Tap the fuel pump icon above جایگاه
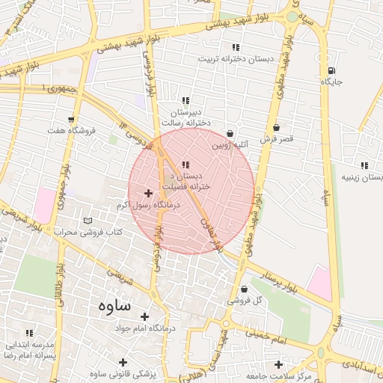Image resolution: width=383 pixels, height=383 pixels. click(x=330, y=71)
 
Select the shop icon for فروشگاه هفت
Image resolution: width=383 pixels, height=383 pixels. click(x=71, y=119)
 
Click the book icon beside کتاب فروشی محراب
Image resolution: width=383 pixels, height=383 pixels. click(x=89, y=221)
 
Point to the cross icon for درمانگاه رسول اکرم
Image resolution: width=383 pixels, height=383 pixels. click(x=148, y=193)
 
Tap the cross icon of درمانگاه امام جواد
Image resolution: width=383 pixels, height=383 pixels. click(x=144, y=316)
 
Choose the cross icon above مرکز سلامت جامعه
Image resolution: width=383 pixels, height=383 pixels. click(x=279, y=364)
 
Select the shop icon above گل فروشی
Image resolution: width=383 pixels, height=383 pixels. click(x=244, y=289)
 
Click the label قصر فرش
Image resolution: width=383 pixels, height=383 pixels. click(x=277, y=139)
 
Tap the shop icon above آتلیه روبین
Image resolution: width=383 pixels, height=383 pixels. click(x=229, y=133)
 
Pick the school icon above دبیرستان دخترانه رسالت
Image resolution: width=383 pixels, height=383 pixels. click(x=186, y=100)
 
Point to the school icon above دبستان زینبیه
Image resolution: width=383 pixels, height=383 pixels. click(x=364, y=165)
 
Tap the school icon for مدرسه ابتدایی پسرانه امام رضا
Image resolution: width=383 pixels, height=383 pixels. click(x=30, y=333)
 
